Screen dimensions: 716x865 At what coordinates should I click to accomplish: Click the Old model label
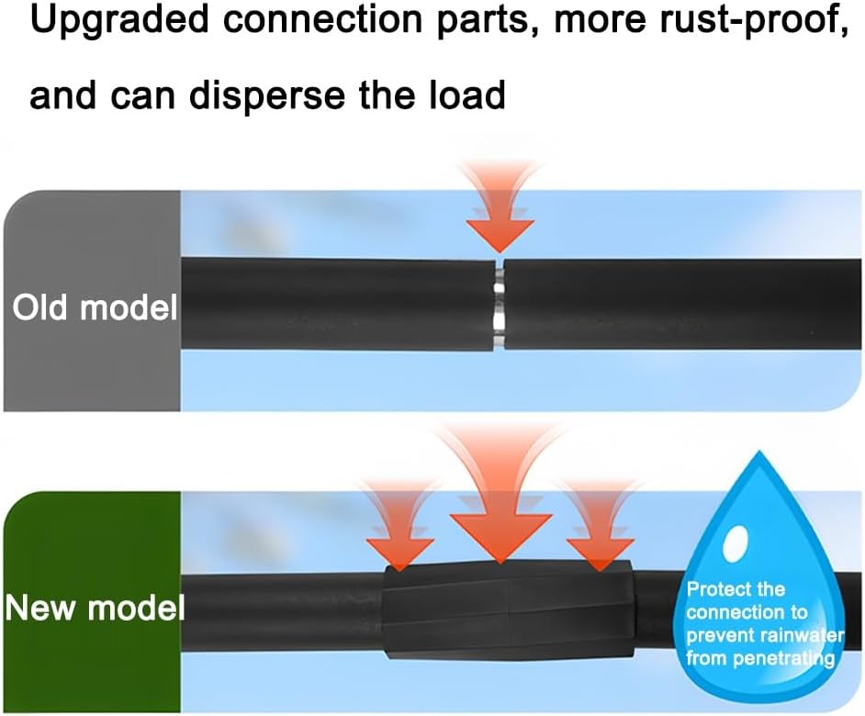pyautogui.click(x=94, y=308)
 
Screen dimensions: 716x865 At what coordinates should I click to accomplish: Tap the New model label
pyautogui.click(x=95, y=608)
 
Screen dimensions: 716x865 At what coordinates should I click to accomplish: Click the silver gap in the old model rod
pyautogui.click(x=499, y=304)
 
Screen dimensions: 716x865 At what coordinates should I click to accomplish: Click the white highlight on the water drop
pyautogui.click(x=734, y=545)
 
